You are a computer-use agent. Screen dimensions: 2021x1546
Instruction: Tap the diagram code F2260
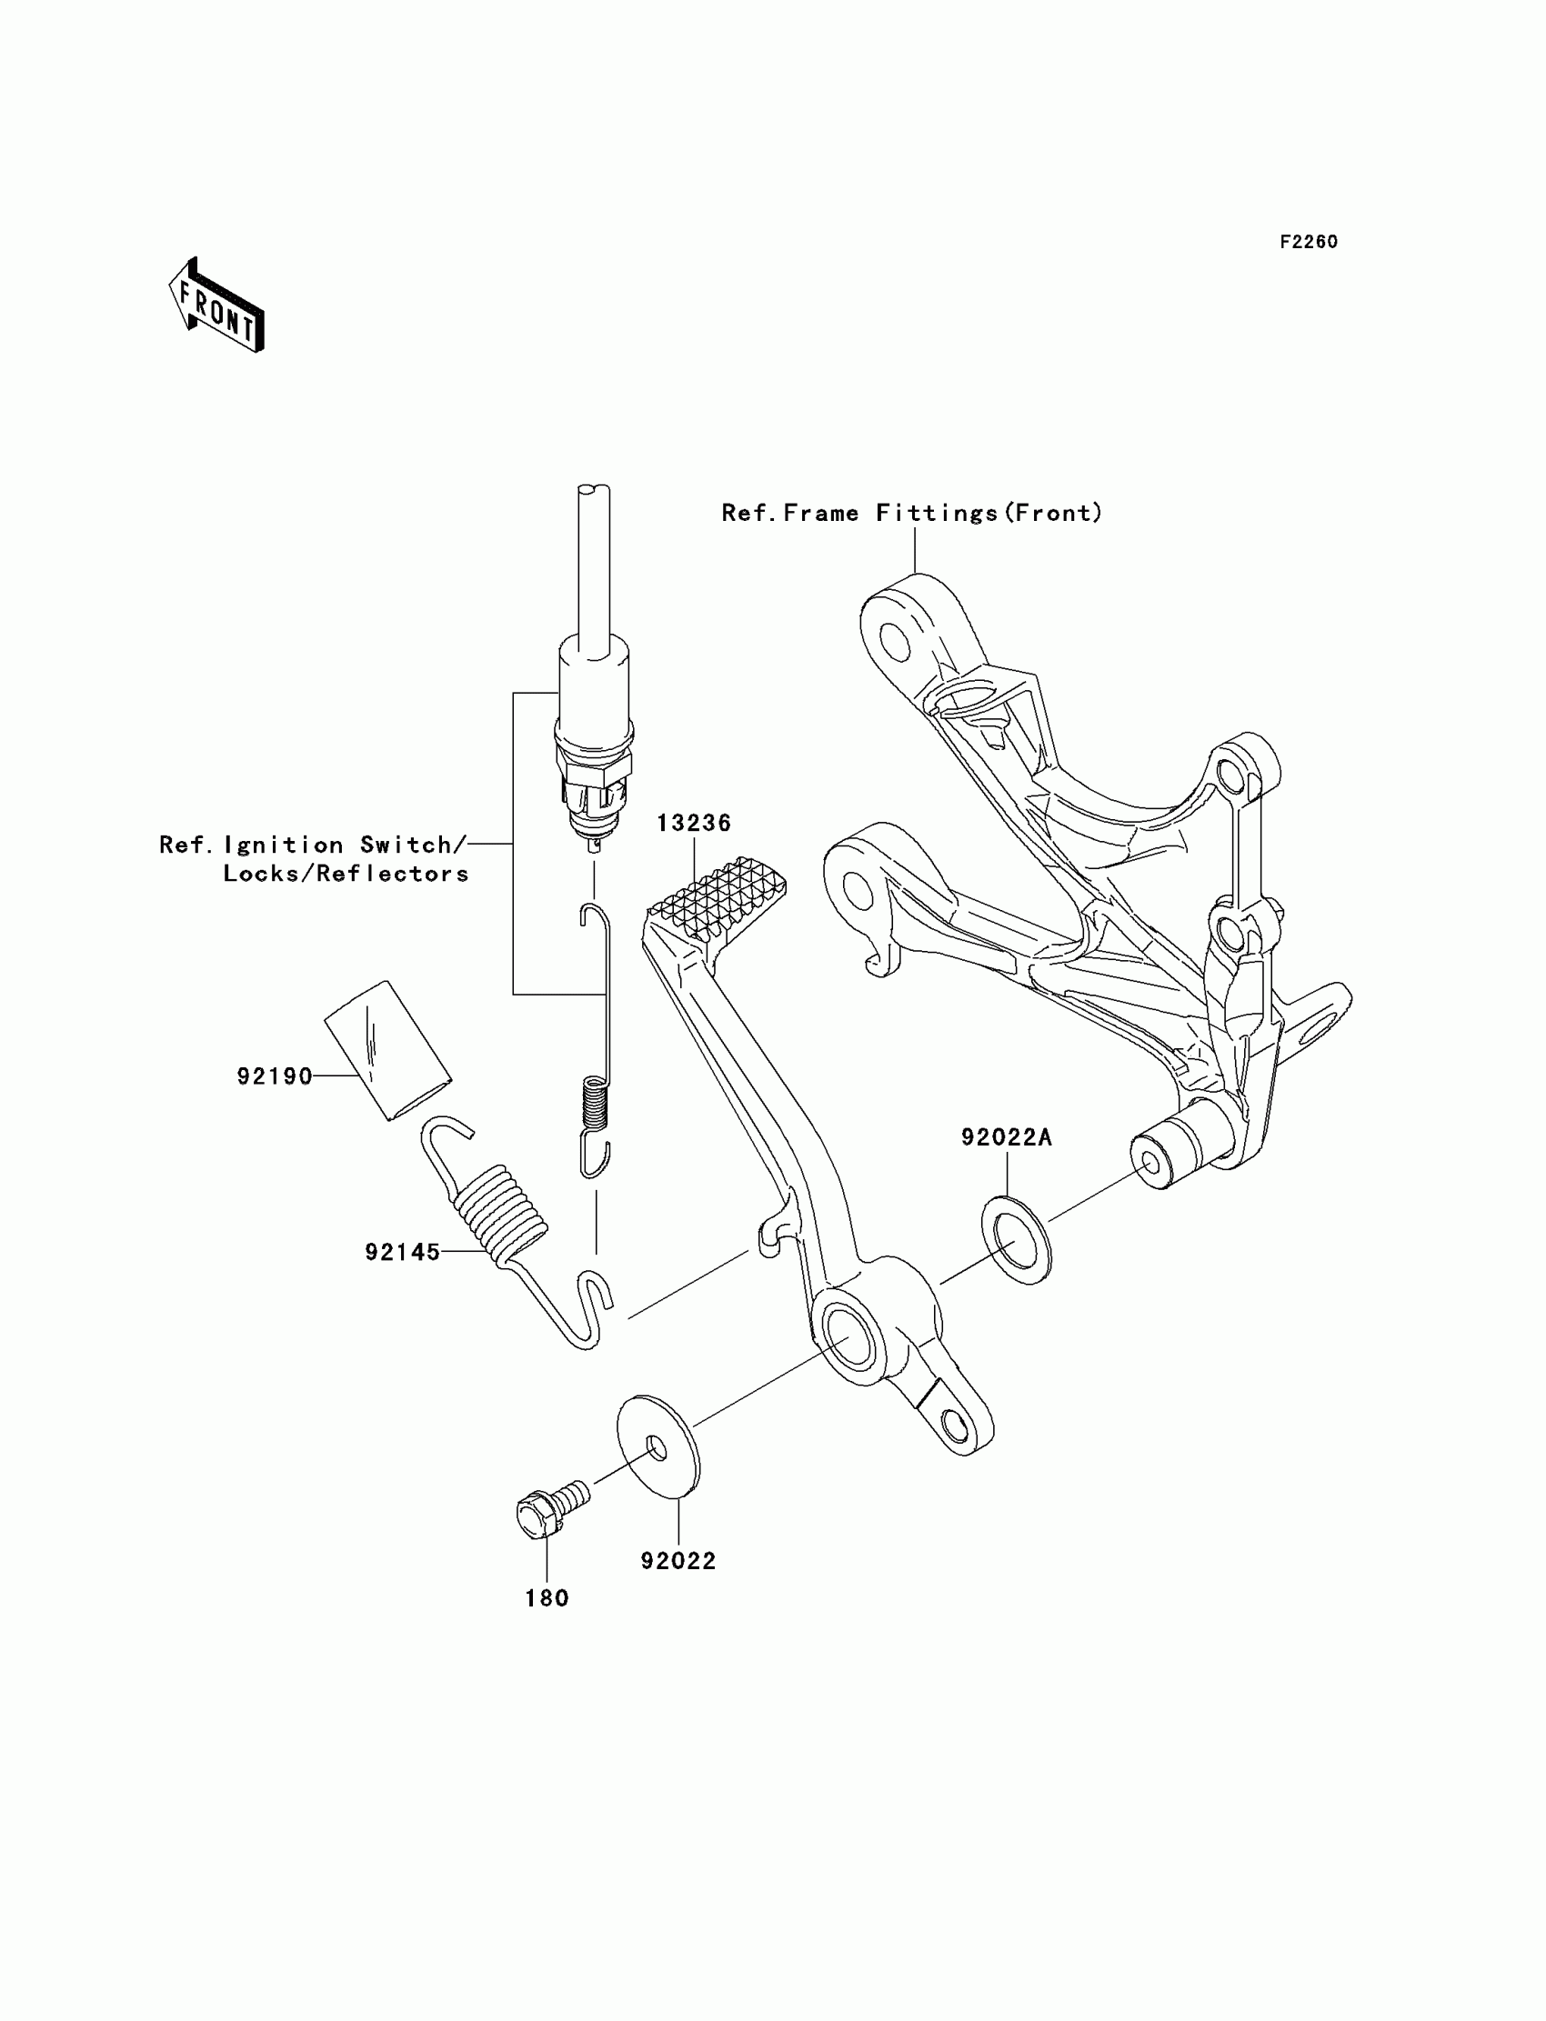click(1308, 242)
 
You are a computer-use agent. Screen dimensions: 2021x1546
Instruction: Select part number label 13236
click(693, 823)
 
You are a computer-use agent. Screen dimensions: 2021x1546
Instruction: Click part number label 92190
click(275, 1076)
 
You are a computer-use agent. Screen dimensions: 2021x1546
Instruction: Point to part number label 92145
click(402, 1252)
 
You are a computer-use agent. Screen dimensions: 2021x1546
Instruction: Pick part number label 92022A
click(1006, 1137)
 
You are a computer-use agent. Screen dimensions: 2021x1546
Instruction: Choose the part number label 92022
click(678, 1560)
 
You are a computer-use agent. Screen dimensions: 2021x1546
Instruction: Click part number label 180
click(547, 1598)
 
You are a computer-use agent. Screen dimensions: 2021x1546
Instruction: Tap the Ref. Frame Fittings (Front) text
click(911, 513)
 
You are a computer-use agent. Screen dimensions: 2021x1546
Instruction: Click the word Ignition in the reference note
click(284, 845)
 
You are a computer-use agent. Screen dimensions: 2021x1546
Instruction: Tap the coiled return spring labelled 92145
click(497, 1212)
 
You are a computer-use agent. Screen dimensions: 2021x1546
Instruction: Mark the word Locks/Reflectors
click(346, 873)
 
